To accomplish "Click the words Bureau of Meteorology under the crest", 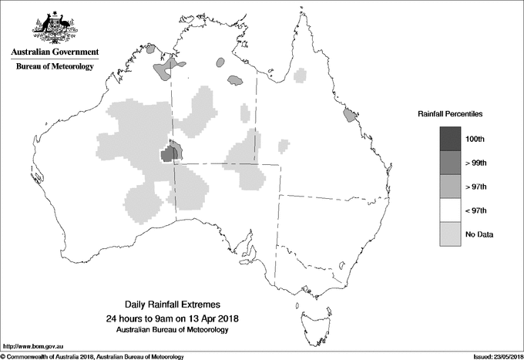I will point(55,66).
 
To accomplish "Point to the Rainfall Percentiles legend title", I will point(450,113).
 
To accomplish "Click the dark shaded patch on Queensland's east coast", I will point(350,116).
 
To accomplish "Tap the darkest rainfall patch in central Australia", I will point(167,155).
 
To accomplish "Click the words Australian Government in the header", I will point(55,52).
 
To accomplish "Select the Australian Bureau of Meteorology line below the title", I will point(172,330).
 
